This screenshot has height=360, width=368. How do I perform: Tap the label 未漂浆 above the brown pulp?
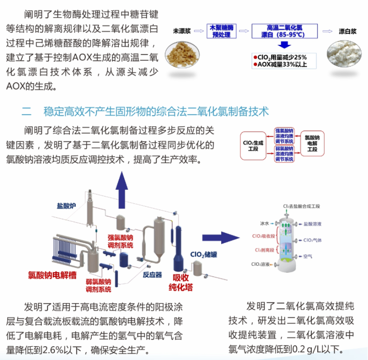click(x=182, y=31)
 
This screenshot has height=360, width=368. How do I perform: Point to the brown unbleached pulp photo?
click(x=182, y=55)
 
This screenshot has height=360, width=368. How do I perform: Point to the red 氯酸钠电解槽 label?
click(x=52, y=276)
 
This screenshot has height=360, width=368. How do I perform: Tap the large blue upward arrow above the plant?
click(x=121, y=187)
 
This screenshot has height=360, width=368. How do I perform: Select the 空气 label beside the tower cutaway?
click(x=308, y=256)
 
